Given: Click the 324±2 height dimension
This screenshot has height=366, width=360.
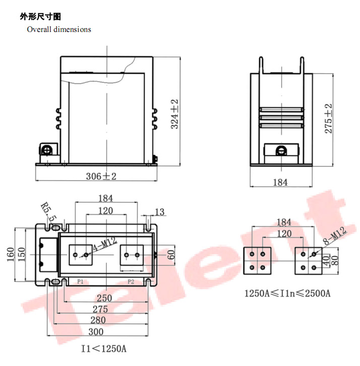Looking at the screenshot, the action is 174,114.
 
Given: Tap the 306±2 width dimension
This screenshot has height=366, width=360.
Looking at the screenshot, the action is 101,176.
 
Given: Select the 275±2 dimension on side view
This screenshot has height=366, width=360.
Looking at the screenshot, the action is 328,118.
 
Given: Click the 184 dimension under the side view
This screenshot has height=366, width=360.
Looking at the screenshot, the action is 280,182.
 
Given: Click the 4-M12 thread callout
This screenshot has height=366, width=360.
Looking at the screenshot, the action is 105,244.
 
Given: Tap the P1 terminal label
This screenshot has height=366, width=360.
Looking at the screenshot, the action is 80,282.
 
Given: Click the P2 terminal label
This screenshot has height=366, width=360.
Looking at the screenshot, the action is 131,282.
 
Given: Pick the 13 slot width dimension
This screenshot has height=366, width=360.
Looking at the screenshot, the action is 160,212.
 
